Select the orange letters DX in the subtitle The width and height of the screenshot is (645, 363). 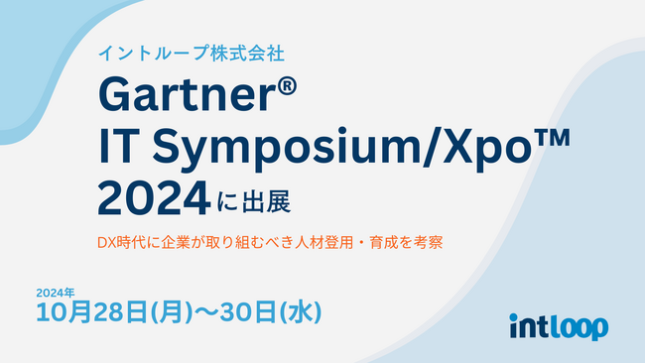[x=106, y=241]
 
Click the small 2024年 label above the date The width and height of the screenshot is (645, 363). [x=56, y=293]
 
